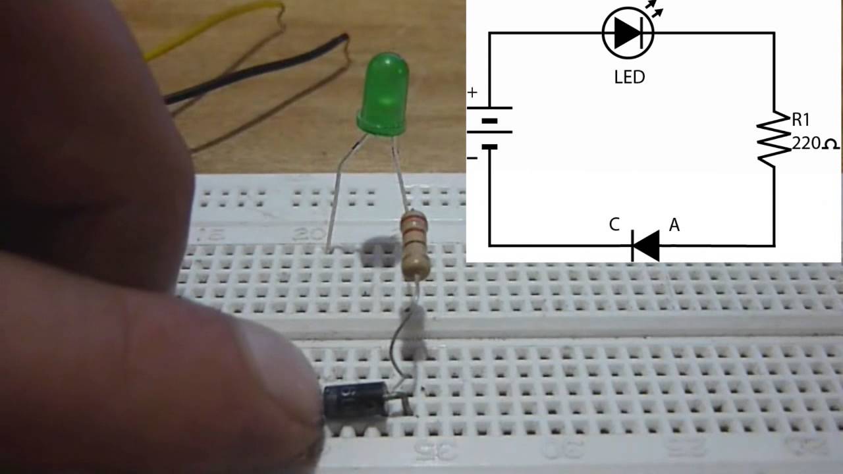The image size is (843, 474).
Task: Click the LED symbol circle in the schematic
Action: (628, 32)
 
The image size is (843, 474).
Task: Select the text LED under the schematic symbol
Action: (629, 77)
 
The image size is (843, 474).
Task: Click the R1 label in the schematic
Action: (800, 120)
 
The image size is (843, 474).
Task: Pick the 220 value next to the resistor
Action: (804, 143)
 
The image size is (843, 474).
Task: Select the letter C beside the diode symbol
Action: (614, 225)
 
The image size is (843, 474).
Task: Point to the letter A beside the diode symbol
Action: (674, 225)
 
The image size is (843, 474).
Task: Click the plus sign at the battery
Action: (472, 93)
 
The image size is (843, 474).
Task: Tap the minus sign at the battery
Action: (472, 158)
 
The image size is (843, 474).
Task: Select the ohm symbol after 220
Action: (830, 144)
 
